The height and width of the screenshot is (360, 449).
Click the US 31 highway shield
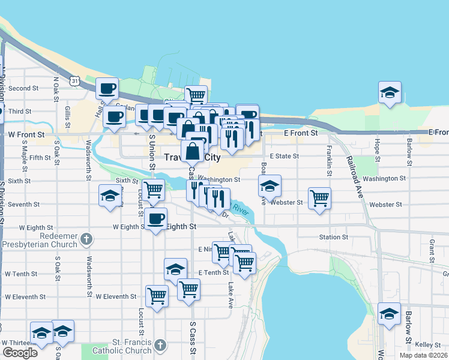74,80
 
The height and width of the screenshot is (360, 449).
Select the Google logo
20,353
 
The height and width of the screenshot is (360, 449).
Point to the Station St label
333,237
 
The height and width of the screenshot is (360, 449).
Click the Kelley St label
428,345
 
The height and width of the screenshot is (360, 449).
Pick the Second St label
23,88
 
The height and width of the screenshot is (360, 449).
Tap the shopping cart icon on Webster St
319,198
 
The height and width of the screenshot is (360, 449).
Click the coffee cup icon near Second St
107,88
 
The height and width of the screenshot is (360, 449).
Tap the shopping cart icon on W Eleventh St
157,295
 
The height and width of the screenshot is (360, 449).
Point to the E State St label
284,156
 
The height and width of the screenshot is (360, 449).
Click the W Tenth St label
21,274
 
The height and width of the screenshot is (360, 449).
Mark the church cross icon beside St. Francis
159,345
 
